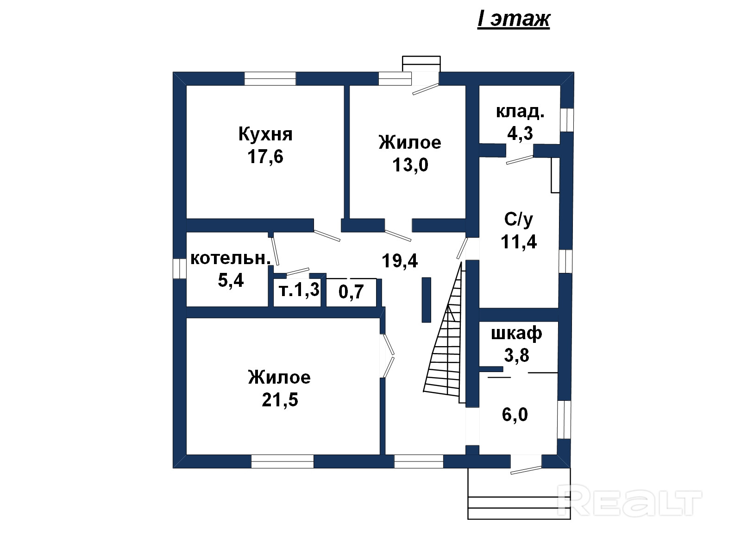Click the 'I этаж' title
[x=514, y=19]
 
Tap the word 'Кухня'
[x=265, y=134]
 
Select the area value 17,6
[x=265, y=157]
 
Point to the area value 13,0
[x=410, y=165]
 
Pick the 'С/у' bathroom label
[x=519, y=220]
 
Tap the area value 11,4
[x=519, y=242]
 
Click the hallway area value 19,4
[x=400, y=260]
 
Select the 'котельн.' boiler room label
[x=231, y=259]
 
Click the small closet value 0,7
[x=351, y=292]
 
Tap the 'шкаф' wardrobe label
[x=516, y=334]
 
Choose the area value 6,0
[x=515, y=415]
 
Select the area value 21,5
[x=280, y=400]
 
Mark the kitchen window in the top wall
[x=270, y=79]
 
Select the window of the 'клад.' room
[x=567, y=120]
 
